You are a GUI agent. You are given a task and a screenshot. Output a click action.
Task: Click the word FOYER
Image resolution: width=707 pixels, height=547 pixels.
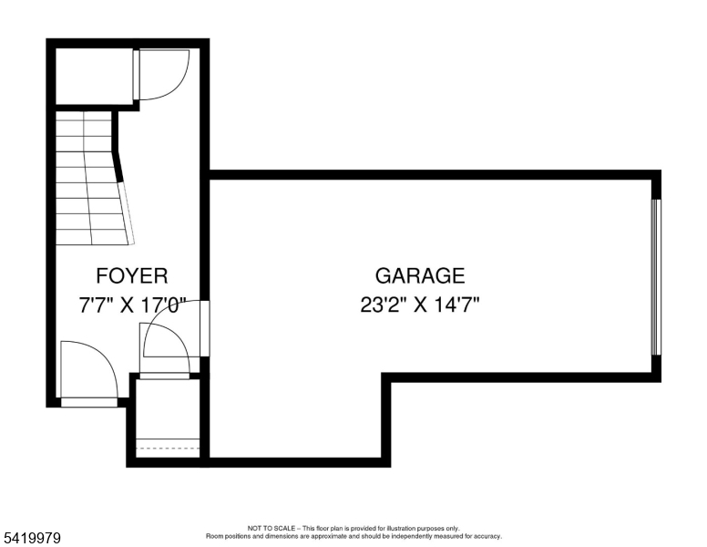click(x=132, y=275)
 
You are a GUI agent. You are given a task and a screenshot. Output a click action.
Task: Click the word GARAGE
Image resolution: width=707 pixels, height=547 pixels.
click(x=420, y=275)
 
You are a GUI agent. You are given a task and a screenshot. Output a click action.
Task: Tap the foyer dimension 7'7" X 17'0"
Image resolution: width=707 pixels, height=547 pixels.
click(x=132, y=305)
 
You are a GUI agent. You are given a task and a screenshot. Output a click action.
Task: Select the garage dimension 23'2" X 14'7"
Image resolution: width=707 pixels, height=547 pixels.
click(x=419, y=304)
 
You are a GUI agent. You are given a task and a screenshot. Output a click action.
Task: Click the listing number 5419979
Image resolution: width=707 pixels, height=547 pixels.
click(x=32, y=538)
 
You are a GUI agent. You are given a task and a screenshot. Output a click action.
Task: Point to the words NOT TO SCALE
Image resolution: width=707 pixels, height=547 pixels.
click(x=271, y=528)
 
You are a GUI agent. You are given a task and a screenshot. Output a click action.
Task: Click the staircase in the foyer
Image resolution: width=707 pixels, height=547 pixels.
click(x=92, y=178)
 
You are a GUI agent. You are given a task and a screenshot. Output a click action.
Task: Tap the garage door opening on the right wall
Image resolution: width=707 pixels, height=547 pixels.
click(x=656, y=277)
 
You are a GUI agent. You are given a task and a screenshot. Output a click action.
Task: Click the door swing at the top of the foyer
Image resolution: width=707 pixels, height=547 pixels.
click(x=162, y=75)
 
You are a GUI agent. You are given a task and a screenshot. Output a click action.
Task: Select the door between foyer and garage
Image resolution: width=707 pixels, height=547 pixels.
click(x=176, y=328)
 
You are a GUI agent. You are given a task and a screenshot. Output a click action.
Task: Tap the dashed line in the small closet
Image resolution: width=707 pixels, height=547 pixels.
click(x=168, y=449)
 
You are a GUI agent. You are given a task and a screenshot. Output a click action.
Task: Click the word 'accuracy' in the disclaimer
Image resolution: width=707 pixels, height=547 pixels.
click(x=487, y=536)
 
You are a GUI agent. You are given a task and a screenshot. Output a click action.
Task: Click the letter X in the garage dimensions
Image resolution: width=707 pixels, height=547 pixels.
click(x=421, y=305)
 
